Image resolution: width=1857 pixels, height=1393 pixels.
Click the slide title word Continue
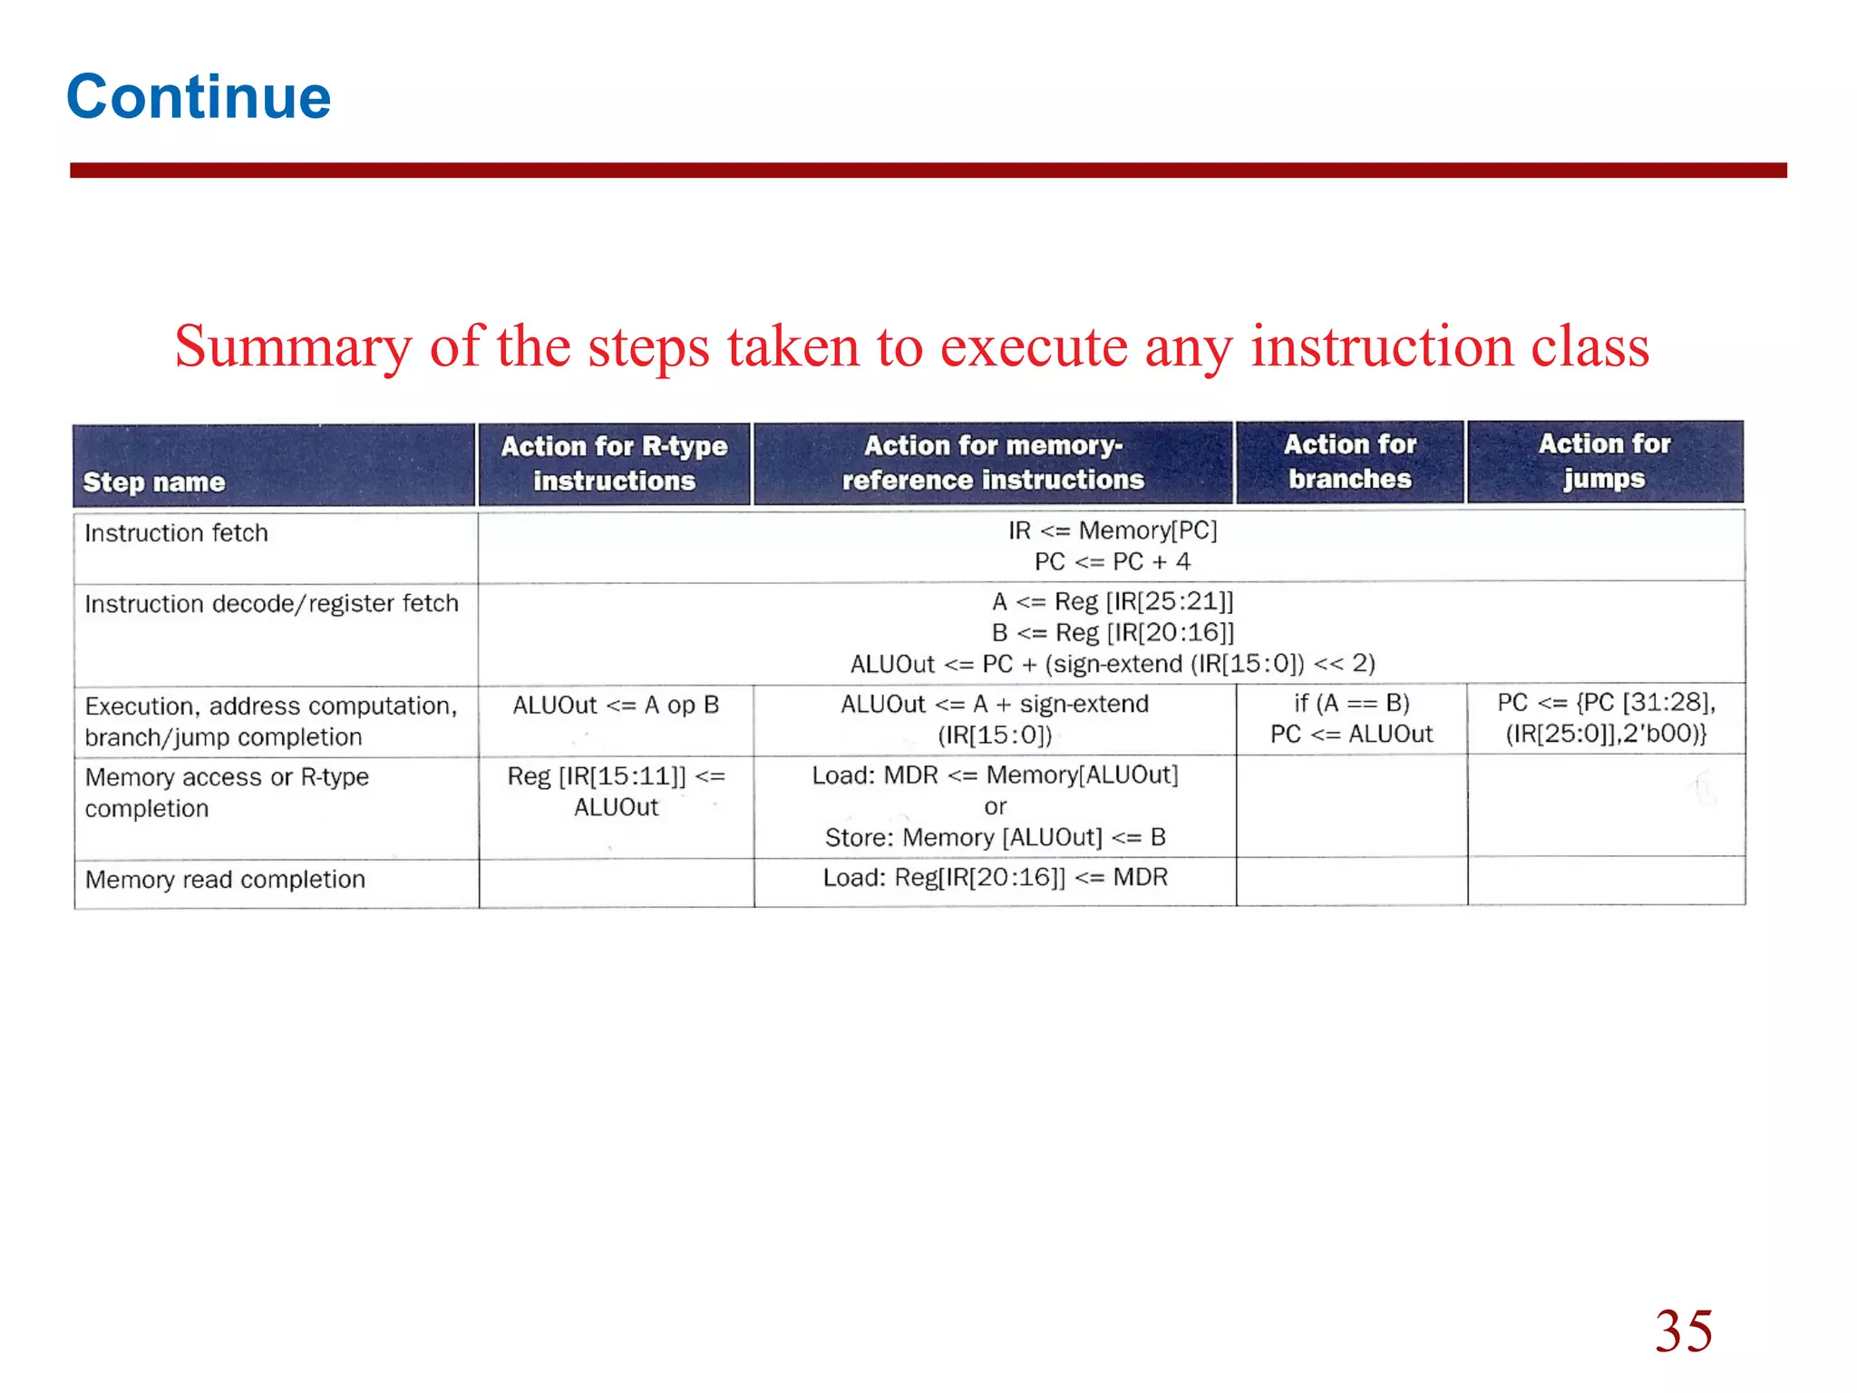pyautogui.click(x=199, y=97)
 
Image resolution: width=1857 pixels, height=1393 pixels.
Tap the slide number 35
pyautogui.click(x=1683, y=1330)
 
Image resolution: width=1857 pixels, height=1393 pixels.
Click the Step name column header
pyautogui.click(x=154, y=482)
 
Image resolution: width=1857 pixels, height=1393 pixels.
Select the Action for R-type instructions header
pyautogui.click(x=614, y=463)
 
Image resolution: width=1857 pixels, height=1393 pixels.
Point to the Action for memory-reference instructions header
pyautogui.click(x=993, y=463)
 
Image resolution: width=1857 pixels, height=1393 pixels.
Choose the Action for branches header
pyautogui.click(x=1350, y=462)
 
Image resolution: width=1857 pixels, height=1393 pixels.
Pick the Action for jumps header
pyautogui.click(x=1604, y=461)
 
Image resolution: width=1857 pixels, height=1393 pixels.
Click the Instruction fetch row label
pyautogui.click(x=177, y=533)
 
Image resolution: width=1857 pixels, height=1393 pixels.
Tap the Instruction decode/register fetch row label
pyautogui.click(x=271, y=604)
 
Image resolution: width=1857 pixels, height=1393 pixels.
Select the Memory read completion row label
pyautogui.click(x=225, y=880)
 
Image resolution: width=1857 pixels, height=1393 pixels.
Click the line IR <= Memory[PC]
pyautogui.click(x=1113, y=531)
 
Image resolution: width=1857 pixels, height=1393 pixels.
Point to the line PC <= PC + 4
pyautogui.click(x=1113, y=562)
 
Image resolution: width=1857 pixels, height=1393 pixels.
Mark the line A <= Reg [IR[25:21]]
pyautogui.click(x=1113, y=602)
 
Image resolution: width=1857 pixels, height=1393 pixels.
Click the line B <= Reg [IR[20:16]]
pyautogui.click(x=1113, y=633)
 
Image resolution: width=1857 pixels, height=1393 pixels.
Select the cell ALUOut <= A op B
pyautogui.click(x=616, y=706)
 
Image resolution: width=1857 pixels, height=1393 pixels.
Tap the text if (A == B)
pyautogui.click(x=1351, y=704)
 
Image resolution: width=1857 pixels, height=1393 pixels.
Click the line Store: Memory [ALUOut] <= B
pyautogui.click(x=995, y=838)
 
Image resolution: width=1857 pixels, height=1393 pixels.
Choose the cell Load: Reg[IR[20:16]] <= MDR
pyautogui.click(x=995, y=878)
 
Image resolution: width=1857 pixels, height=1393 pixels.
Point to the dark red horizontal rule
pyautogui.click(x=928, y=170)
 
